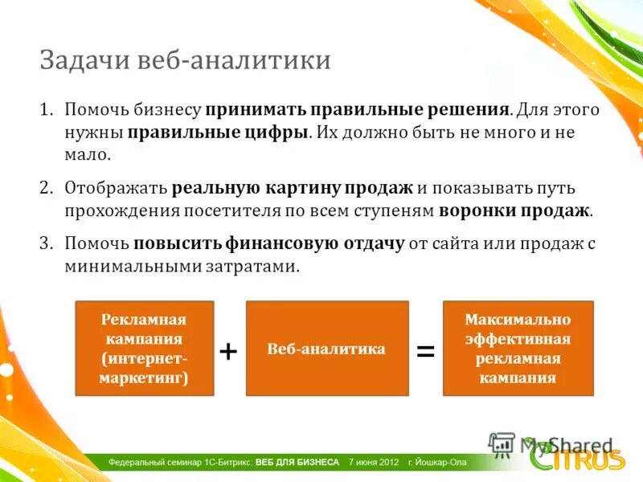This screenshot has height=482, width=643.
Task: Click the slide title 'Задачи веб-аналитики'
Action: pyautogui.click(x=185, y=59)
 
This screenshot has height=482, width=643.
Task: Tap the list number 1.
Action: pyautogui.click(x=46, y=109)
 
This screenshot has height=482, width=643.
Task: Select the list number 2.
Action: pyautogui.click(x=46, y=188)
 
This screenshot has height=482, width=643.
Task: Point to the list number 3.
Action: pyautogui.click(x=46, y=243)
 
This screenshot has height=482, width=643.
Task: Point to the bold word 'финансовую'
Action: pyautogui.click(x=283, y=244)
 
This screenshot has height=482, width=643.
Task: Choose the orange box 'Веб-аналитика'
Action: pyautogui.click(x=327, y=349)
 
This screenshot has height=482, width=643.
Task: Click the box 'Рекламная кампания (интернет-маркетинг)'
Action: pyautogui.click(x=145, y=349)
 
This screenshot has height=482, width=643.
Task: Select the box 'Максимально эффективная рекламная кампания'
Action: pyautogui.click(x=518, y=349)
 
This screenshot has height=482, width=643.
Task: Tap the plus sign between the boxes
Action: pyautogui.click(x=228, y=351)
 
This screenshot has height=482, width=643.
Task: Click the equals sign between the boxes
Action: pyautogui.click(x=426, y=351)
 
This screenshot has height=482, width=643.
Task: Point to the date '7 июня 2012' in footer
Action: pyautogui.click(x=374, y=463)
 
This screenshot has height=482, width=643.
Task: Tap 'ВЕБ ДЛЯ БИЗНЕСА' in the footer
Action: pyautogui.click(x=297, y=463)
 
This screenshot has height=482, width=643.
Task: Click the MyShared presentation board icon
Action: pyautogui.click(x=502, y=445)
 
